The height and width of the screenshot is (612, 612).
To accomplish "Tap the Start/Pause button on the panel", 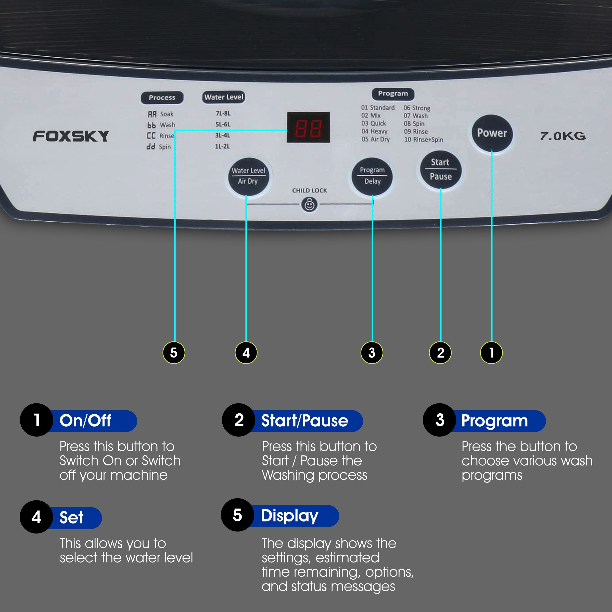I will point(440,170).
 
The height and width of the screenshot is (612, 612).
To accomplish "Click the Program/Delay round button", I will point(372,176).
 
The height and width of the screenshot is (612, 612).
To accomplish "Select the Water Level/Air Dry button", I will point(248,176).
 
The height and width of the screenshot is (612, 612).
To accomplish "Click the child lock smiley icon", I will point(310,205).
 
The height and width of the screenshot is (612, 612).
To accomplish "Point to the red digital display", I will point(308,127).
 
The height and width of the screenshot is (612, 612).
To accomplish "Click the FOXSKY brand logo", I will point(71,136).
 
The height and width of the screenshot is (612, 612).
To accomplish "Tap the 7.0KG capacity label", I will point(563,136).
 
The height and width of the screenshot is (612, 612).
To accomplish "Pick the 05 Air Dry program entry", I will point(376,139).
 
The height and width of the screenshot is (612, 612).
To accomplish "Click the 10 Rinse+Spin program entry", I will point(424,139).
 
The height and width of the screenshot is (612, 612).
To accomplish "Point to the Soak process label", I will point(166,114).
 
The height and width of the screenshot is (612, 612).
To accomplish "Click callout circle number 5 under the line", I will point(174,353).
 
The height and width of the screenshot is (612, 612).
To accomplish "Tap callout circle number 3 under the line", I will point(372,353).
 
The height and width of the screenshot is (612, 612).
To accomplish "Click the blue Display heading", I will point(289,516).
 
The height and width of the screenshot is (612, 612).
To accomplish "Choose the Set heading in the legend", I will point(72,517).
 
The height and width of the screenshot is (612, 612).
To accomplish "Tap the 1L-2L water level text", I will point(222,146).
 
